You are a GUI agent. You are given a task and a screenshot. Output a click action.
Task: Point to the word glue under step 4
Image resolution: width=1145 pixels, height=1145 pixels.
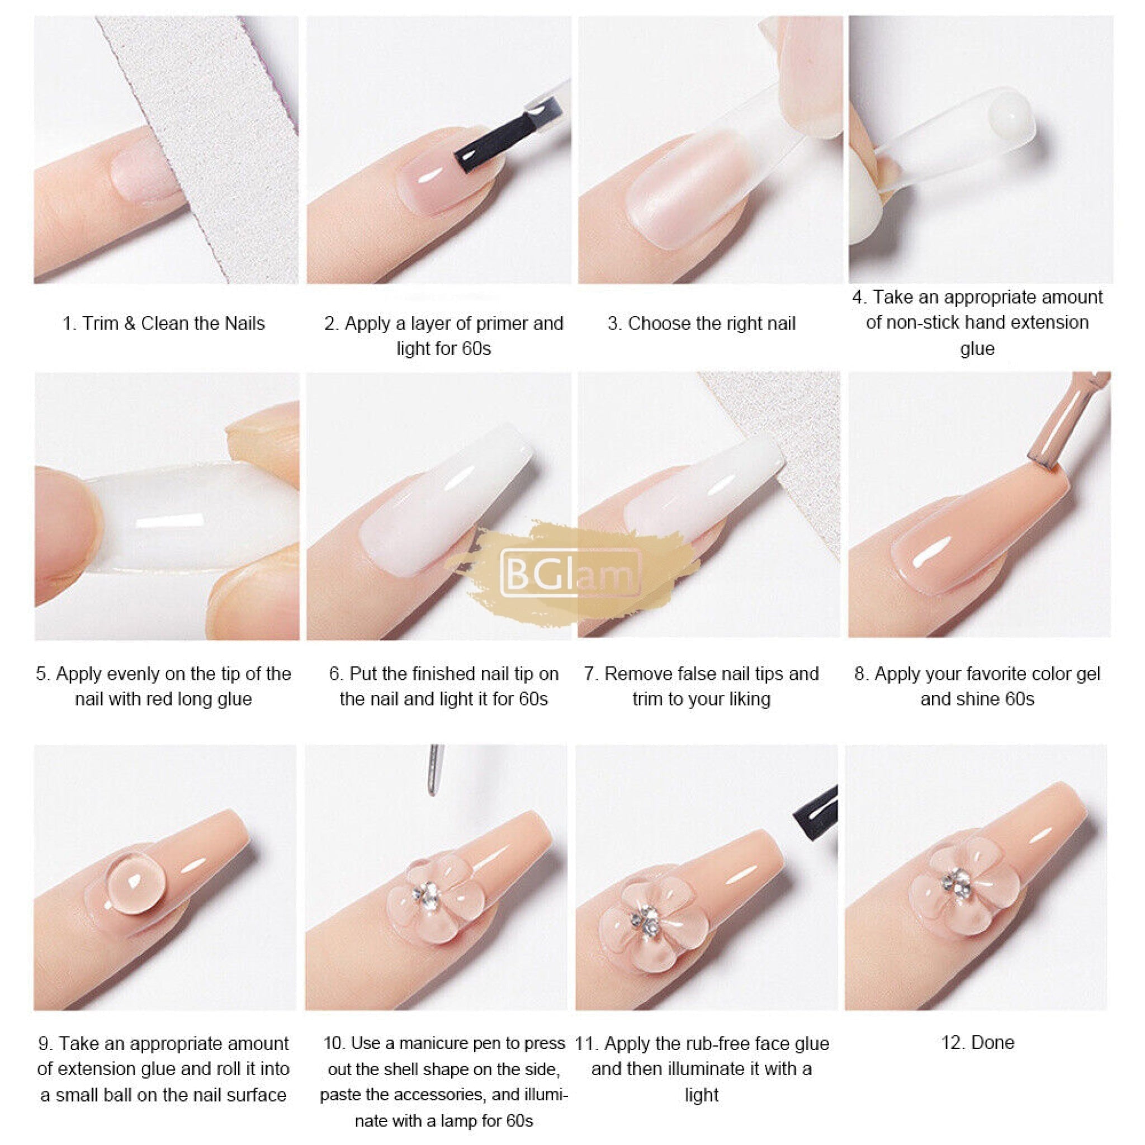pos(977,348)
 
